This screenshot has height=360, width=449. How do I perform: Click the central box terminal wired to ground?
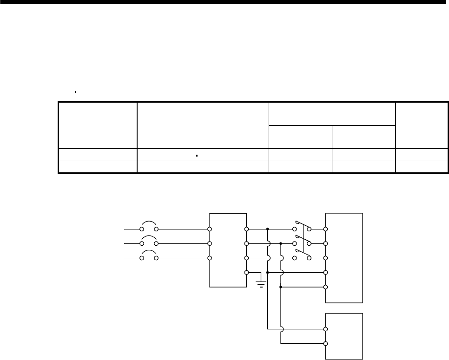tap(247, 272)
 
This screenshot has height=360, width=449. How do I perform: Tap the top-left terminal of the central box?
tap(210, 229)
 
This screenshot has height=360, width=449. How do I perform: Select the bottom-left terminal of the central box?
tap(210, 258)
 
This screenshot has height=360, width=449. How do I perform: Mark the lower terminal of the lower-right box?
tap(326, 344)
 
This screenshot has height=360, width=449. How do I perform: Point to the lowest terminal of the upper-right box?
tap(326, 287)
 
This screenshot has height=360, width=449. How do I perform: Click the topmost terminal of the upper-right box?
tap(326, 229)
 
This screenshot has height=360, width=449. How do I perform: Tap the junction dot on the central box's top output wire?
tap(268, 229)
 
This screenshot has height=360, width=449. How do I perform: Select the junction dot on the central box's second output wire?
tap(281, 243)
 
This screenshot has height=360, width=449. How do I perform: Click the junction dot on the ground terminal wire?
tap(268, 272)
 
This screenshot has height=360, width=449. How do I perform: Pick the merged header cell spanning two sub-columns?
tap(332, 113)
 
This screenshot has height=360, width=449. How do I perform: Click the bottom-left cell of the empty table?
tap(98, 167)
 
